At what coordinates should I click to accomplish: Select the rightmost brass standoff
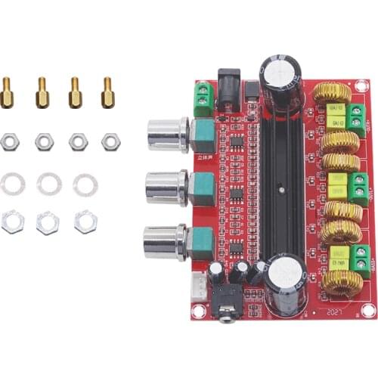107,91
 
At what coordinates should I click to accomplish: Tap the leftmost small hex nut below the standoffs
9,141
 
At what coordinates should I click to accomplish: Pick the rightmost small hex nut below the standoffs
110,141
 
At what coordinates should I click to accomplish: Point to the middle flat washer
49,183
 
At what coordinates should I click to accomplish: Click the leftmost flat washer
12,183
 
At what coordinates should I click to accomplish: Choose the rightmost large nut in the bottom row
85,221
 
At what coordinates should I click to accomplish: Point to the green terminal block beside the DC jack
203,99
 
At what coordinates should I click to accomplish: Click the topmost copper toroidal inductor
332,94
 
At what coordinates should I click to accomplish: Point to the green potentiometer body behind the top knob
203,134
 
